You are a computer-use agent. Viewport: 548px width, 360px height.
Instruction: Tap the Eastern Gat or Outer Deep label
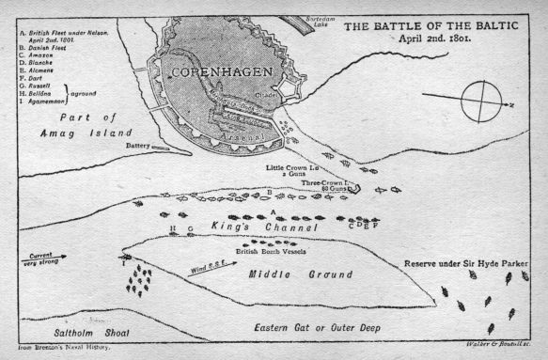click(330, 326)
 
